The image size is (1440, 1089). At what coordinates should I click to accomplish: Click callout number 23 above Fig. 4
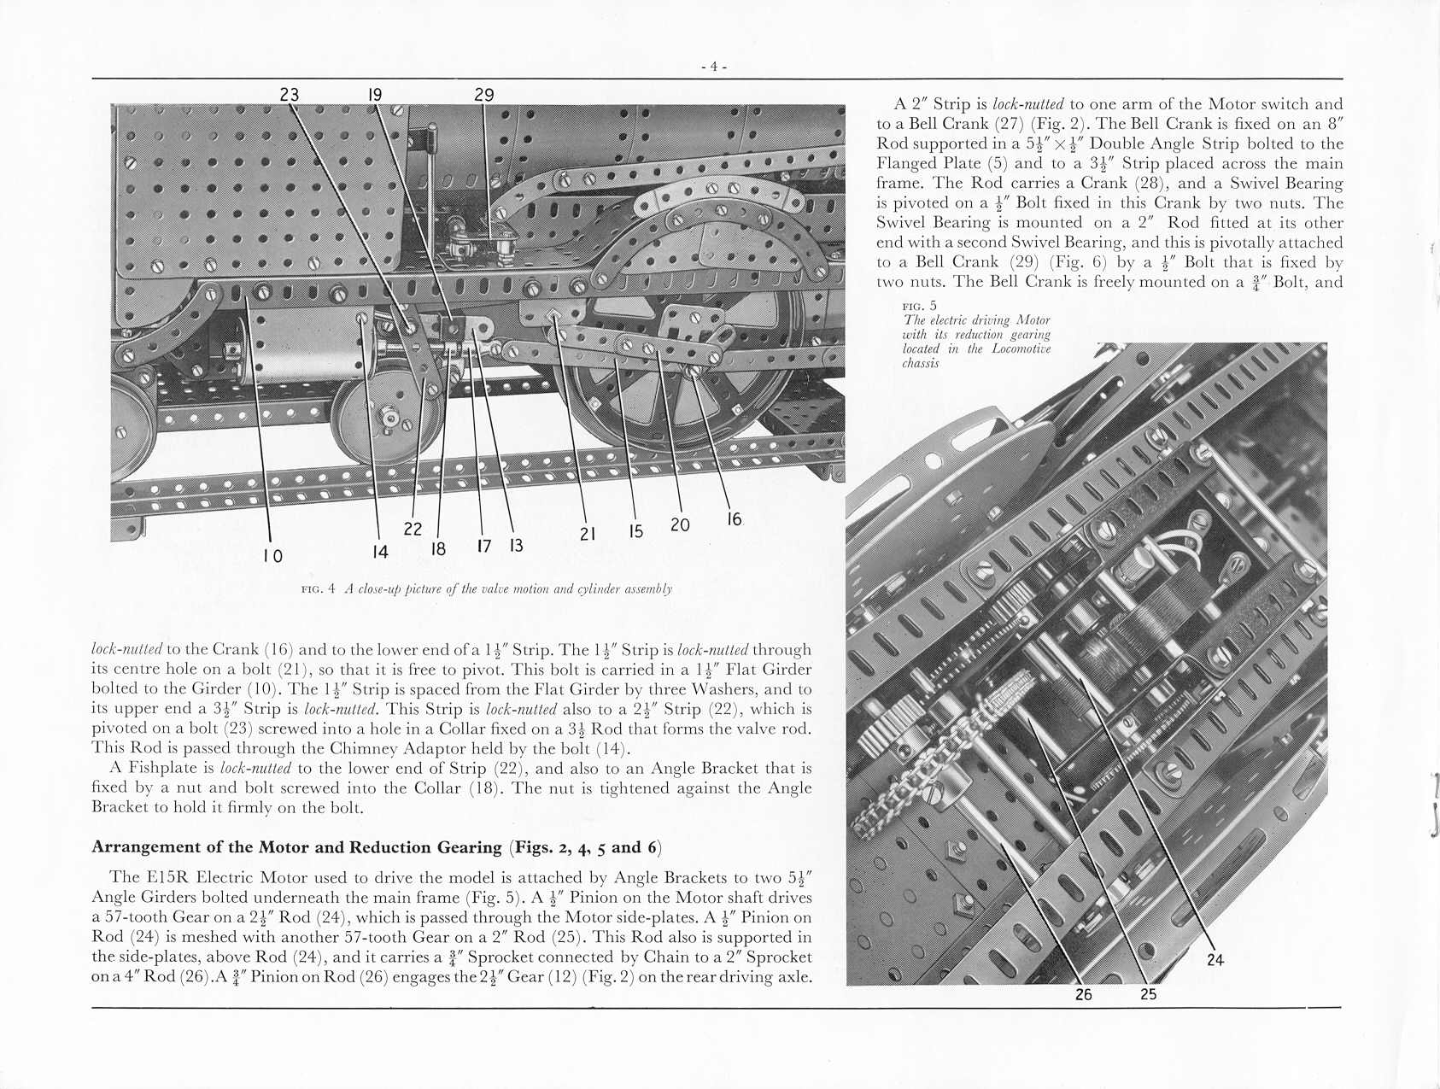pyautogui.click(x=290, y=94)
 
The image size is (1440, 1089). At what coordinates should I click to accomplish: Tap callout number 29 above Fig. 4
pyautogui.click(x=484, y=94)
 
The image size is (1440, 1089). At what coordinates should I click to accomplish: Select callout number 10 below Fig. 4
pyautogui.click(x=272, y=556)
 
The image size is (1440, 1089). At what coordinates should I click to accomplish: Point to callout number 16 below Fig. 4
pyautogui.click(x=735, y=518)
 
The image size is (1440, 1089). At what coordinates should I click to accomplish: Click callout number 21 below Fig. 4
pyautogui.click(x=588, y=534)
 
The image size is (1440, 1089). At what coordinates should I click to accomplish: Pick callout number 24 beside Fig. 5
pyautogui.click(x=1215, y=960)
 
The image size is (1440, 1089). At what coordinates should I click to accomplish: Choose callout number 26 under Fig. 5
pyautogui.click(x=1083, y=994)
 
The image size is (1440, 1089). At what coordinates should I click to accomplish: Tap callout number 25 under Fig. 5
pyautogui.click(x=1149, y=994)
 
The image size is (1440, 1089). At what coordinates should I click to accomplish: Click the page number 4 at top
pyautogui.click(x=713, y=67)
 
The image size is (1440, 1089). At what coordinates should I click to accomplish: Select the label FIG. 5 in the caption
pyautogui.click(x=919, y=306)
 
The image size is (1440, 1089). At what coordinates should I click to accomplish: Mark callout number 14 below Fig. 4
pyautogui.click(x=380, y=552)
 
